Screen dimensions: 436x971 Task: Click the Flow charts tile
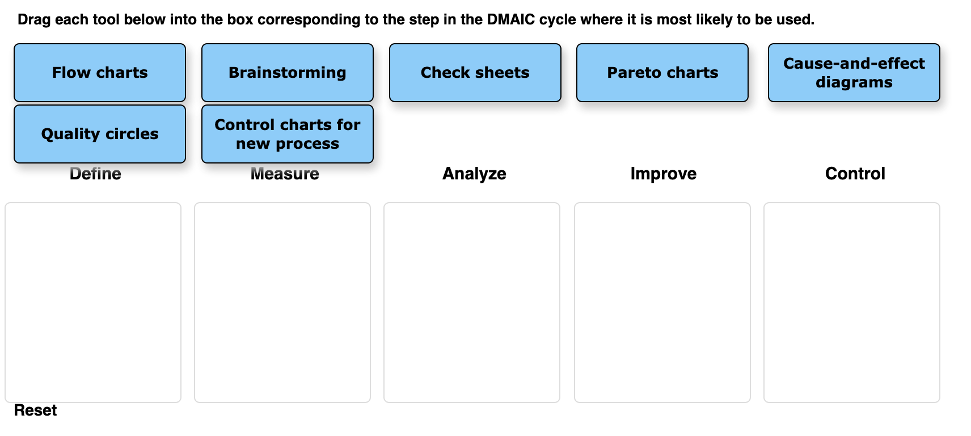pyautogui.click(x=100, y=73)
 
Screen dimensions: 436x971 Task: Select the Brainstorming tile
pyautogui.click(x=288, y=73)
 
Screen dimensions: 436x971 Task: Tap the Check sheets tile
pyautogui.click(x=475, y=73)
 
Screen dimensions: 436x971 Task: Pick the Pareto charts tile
pyautogui.click(x=662, y=73)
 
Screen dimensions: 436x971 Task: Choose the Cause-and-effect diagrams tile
pyautogui.click(x=854, y=73)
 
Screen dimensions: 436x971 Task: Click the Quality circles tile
pyautogui.click(x=100, y=134)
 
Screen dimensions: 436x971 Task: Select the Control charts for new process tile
pyautogui.click(x=288, y=134)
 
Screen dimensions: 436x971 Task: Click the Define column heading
pyautogui.click(x=95, y=174)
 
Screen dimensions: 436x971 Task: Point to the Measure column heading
pyautogui.click(x=285, y=174)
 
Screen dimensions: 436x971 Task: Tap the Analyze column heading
pyautogui.click(x=474, y=174)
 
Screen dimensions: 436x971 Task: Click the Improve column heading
pyautogui.click(x=663, y=174)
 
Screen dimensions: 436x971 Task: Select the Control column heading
pyautogui.click(x=855, y=174)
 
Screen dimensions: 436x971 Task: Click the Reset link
pyautogui.click(x=35, y=410)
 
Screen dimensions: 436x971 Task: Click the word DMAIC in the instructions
pyautogui.click(x=510, y=20)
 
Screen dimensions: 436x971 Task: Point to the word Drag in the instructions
pyautogui.click(x=34, y=20)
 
